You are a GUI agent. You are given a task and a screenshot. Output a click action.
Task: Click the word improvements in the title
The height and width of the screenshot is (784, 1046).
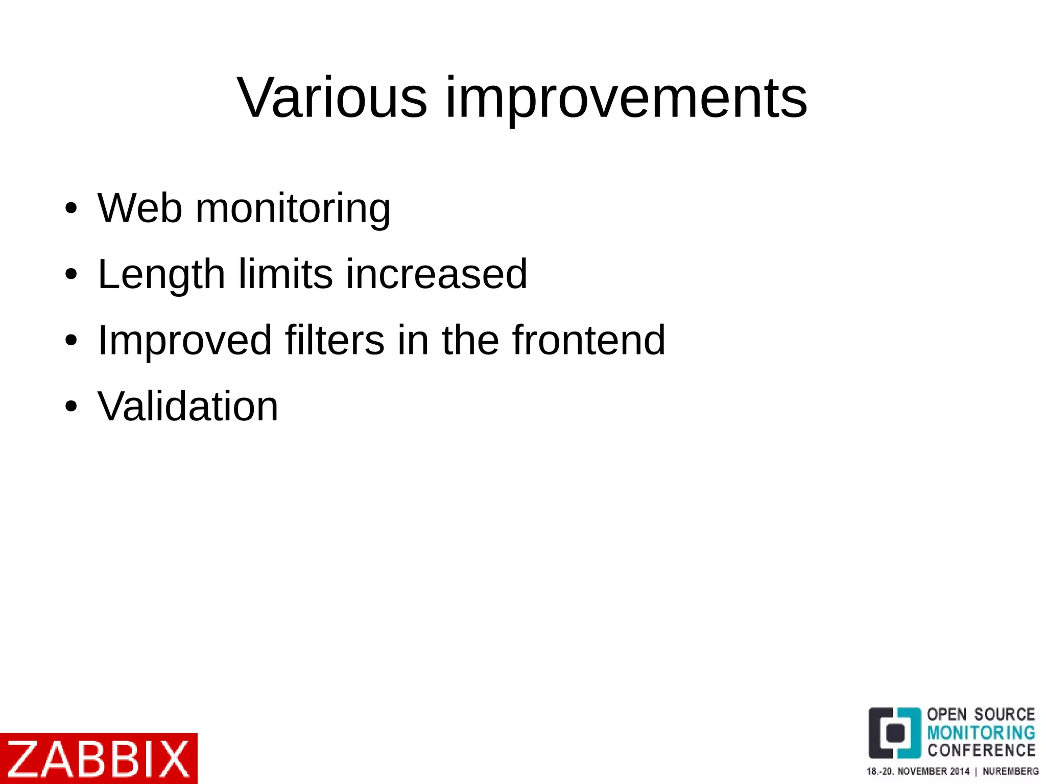pyautogui.click(x=626, y=98)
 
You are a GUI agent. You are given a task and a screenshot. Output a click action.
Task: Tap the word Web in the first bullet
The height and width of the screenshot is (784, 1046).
pyautogui.click(x=139, y=208)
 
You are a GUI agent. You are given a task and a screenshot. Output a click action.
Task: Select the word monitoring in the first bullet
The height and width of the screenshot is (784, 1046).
pyautogui.click(x=293, y=209)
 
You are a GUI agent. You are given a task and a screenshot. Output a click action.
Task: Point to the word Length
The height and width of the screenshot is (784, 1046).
pyautogui.click(x=161, y=275)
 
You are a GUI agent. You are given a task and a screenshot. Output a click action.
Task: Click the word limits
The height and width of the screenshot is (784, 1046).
pyautogui.click(x=286, y=274)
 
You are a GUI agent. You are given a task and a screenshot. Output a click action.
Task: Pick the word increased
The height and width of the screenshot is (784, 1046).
pyautogui.click(x=437, y=274)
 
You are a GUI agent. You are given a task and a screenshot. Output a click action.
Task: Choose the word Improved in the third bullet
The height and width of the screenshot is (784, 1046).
pyautogui.click(x=184, y=341)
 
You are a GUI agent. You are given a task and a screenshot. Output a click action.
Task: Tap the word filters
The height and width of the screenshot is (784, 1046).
pyautogui.click(x=335, y=340)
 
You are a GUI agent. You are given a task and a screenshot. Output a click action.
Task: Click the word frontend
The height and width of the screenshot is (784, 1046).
pyautogui.click(x=589, y=340)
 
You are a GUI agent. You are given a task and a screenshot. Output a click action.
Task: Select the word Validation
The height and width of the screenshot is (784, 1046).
pyautogui.click(x=188, y=406)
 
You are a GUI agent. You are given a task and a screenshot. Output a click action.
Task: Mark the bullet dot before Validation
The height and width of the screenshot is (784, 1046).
pyautogui.click(x=71, y=407)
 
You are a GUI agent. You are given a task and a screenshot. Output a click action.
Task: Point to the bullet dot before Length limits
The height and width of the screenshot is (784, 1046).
pyautogui.click(x=71, y=274)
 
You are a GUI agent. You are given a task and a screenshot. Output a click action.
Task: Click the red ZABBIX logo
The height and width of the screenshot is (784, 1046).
pyautogui.click(x=98, y=758)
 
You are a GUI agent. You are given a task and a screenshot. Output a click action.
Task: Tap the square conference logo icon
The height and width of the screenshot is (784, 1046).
pyautogui.click(x=895, y=733)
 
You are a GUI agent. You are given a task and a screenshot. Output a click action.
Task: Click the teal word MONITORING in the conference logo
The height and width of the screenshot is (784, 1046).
pyautogui.click(x=981, y=732)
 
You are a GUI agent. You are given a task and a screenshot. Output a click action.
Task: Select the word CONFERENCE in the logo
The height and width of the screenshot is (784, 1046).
pyautogui.click(x=981, y=750)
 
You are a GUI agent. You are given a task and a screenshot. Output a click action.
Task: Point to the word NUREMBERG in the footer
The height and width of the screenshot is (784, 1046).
pyautogui.click(x=1010, y=771)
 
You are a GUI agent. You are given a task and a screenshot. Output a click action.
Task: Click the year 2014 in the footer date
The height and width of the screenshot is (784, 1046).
pyautogui.click(x=959, y=771)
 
